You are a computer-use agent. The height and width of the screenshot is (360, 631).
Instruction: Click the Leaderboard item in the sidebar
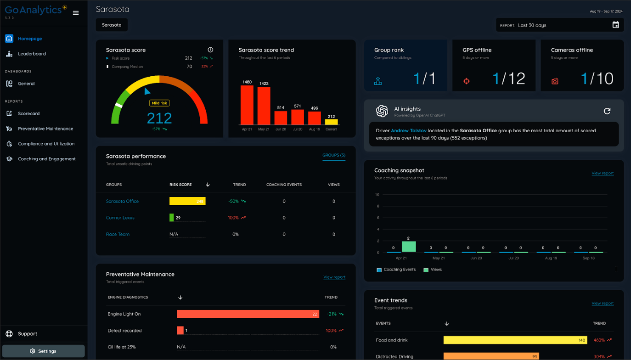click(31, 54)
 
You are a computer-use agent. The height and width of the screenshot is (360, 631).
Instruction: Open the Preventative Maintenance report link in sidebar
click(45, 129)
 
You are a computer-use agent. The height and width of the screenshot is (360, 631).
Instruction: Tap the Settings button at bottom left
click(43, 351)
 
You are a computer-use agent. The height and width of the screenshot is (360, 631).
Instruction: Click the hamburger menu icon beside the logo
click(76, 13)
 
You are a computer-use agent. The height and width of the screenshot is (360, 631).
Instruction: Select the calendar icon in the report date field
click(616, 25)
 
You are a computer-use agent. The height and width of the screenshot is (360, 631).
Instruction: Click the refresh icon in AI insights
click(607, 111)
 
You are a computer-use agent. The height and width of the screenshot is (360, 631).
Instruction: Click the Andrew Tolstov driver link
click(408, 131)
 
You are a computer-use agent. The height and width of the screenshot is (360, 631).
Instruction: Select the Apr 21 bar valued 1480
click(247, 105)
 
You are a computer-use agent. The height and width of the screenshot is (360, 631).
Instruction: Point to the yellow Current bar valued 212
click(331, 122)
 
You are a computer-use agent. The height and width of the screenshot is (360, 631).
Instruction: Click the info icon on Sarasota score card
click(210, 50)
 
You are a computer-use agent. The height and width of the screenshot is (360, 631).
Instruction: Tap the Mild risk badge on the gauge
click(159, 103)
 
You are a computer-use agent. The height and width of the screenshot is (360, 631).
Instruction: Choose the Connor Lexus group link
click(120, 218)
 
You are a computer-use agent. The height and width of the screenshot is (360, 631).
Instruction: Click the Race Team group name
click(118, 234)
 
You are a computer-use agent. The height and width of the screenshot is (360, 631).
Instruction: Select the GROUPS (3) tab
click(334, 155)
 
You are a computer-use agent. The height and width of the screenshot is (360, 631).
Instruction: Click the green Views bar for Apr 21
click(408, 247)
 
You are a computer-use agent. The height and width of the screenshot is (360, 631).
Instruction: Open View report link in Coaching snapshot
click(602, 173)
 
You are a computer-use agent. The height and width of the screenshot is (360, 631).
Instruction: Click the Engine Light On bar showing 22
click(248, 314)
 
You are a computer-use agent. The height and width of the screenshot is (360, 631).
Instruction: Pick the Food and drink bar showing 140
click(515, 340)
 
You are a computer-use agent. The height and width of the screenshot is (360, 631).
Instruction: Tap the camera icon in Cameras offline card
click(555, 81)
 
